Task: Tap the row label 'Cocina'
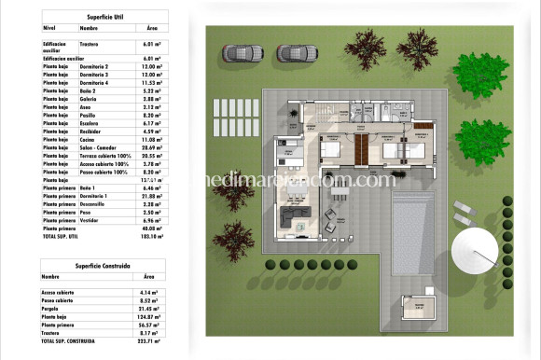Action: [x=89, y=140]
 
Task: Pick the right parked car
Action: [x=292, y=52]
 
